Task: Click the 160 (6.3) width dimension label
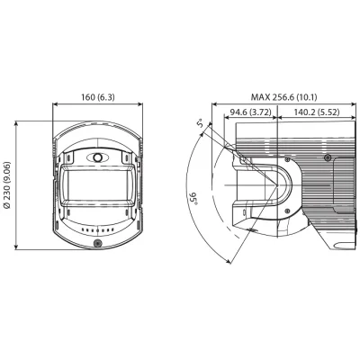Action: tap(98, 97)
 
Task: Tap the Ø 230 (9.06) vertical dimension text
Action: tap(7, 185)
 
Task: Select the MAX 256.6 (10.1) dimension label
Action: tap(283, 97)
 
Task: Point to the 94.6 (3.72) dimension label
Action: tap(250, 112)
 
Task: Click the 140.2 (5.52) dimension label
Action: tap(317, 112)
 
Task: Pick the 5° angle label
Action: tap(201, 123)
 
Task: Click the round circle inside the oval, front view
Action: tap(97, 157)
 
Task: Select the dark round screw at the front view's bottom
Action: tap(97, 243)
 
